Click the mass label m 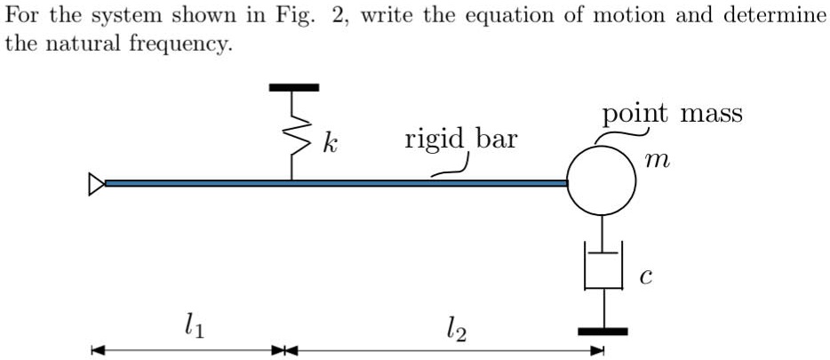(658, 161)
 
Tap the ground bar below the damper (603, 332)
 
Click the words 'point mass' (671, 114)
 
